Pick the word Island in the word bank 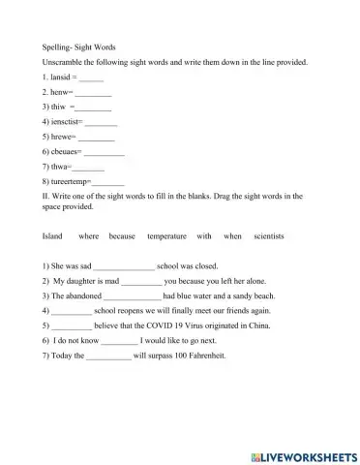click(53, 235)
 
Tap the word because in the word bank click(122, 235)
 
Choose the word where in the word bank click(89, 235)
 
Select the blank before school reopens click(71, 312)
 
